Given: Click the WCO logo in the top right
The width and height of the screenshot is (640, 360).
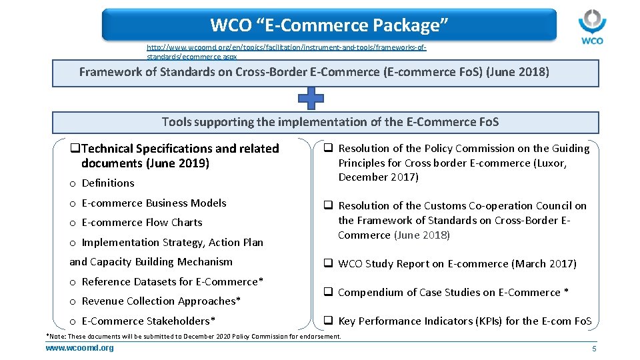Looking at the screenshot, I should pos(591,27).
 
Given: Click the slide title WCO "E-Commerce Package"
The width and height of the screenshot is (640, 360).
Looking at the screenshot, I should pos(329,25).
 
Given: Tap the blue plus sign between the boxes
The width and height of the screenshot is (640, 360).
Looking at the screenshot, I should pos(311,99).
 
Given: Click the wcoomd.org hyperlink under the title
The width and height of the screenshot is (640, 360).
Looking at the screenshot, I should pos(286,52).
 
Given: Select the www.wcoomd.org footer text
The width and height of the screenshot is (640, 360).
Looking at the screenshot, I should pos(79,348).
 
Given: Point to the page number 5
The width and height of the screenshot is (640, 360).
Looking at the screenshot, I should pos(593,349).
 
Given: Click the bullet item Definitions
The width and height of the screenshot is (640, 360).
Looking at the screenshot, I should pos(107,183).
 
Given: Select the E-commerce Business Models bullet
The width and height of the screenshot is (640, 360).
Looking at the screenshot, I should pos(153,203).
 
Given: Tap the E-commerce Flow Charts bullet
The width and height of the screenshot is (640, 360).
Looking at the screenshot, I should pos(141,223).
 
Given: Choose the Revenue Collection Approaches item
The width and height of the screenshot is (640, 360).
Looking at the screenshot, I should pos(161,301).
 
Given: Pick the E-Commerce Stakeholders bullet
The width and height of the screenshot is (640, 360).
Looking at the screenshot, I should pos(148,321).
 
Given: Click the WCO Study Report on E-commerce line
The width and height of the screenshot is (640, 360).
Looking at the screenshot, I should pos(457,264).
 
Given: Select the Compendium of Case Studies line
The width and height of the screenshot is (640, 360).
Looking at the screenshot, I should pos(453,293).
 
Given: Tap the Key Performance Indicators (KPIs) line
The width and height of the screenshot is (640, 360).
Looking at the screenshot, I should pos(464,321).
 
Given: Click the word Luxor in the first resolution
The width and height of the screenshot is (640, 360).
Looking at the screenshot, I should pos(551,163).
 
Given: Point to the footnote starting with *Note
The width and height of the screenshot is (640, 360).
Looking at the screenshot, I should pos(193,337).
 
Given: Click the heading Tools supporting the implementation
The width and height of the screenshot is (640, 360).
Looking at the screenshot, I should pos(330,122).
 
